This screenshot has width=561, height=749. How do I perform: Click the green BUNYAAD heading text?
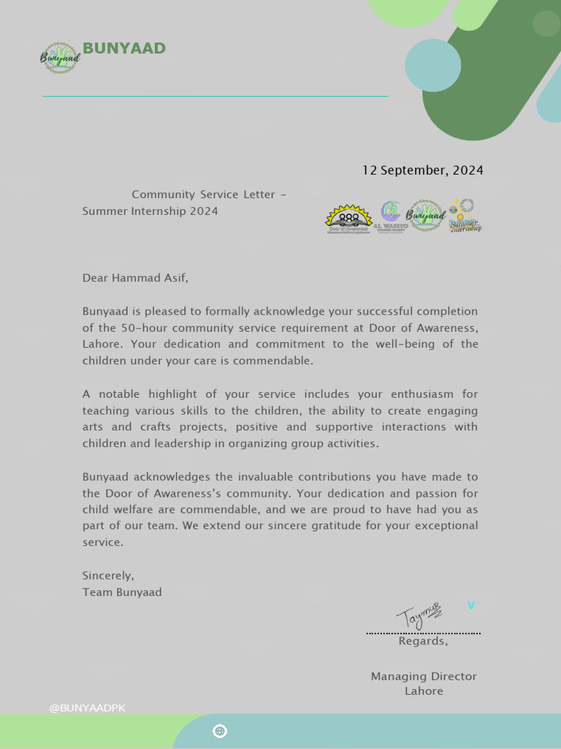coord(124,49)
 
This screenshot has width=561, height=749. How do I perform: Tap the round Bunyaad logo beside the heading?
coord(60,58)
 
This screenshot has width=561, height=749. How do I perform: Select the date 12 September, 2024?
coord(423,170)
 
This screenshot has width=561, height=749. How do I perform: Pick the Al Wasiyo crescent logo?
coord(391,217)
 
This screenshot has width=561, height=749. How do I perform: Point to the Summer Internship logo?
coord(465,216)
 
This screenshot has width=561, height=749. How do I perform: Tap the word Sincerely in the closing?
coord(108,576)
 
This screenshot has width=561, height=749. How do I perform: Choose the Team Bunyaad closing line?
coord(122,592)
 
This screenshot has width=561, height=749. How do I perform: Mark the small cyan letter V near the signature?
coord(471,606)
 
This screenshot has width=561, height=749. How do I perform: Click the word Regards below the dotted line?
coord(423,641)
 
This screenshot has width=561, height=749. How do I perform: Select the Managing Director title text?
coord(424,677)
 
